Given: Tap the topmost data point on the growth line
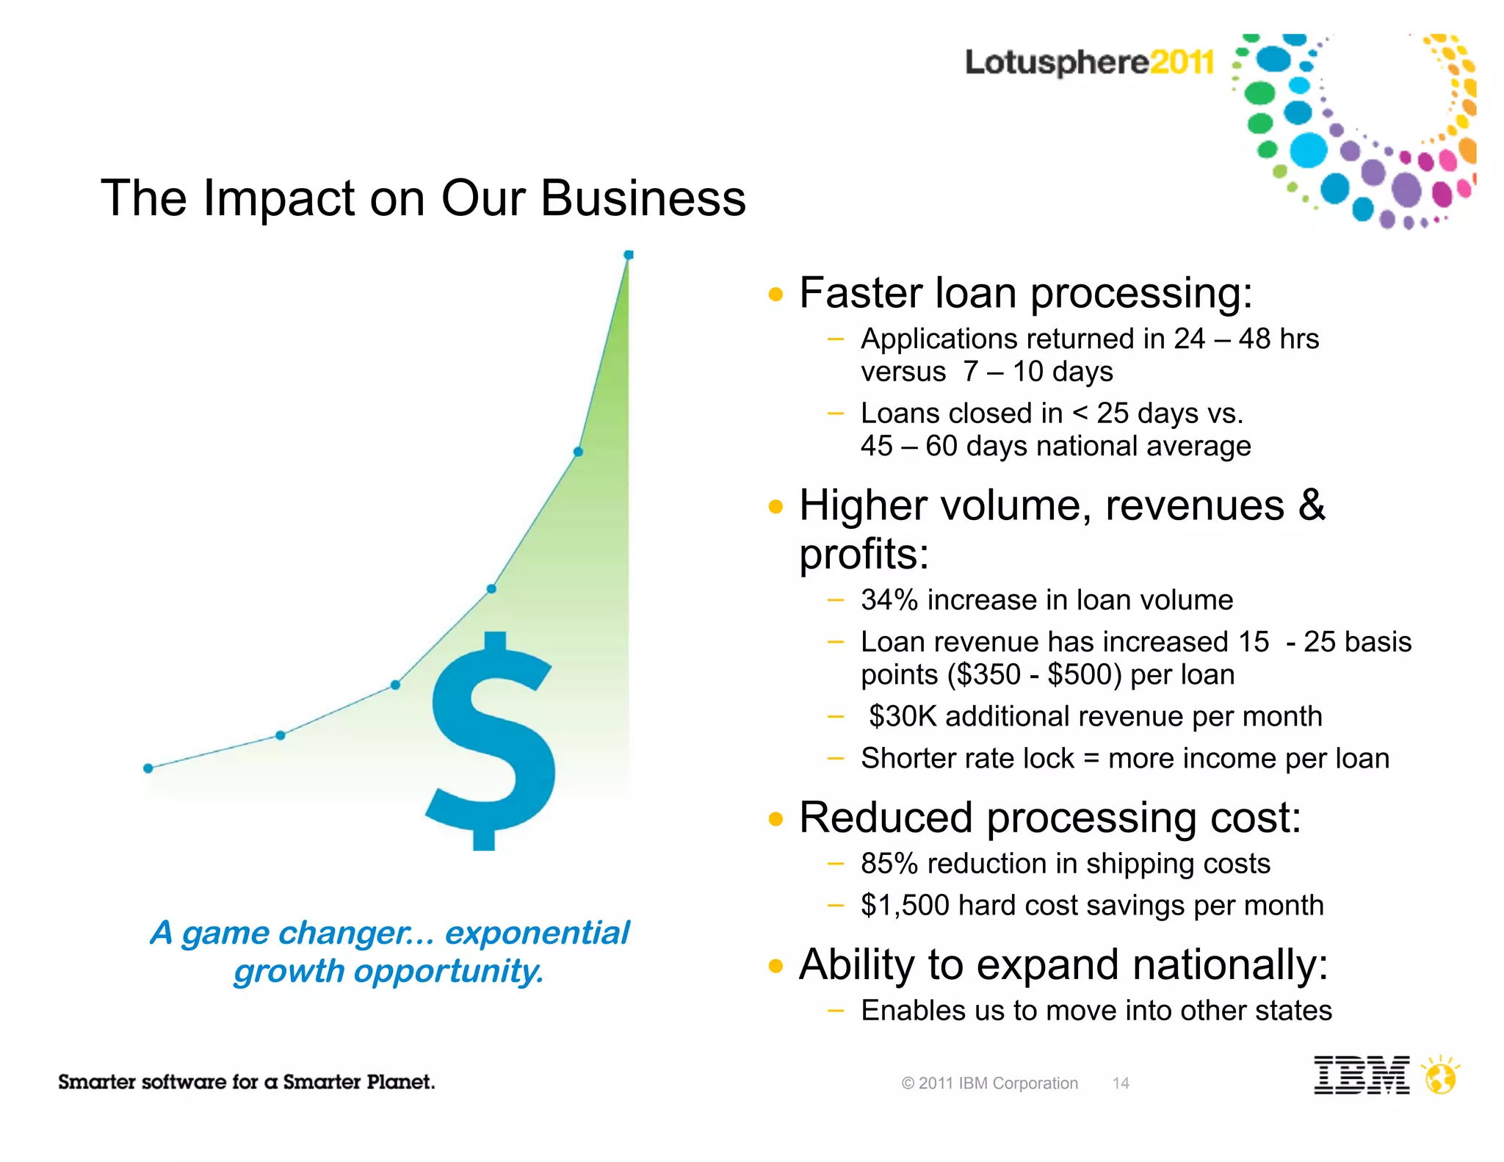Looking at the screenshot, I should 629,255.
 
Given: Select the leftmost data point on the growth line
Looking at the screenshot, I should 148,768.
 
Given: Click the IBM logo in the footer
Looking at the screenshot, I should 1361,1075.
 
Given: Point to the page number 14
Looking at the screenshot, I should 1121,1083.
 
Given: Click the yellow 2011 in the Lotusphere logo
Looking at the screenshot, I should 1182,62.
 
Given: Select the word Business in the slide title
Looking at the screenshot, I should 643,198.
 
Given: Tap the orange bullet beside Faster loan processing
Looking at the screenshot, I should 775,295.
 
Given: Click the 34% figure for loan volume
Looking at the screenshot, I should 889,600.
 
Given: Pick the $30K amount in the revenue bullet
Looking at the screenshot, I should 903,716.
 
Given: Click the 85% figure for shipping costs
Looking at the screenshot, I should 889,864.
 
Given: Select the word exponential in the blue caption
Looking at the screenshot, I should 537,933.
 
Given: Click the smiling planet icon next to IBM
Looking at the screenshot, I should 1440,1077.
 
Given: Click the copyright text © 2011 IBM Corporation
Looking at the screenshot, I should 989,1083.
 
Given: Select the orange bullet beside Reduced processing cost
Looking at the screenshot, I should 775,820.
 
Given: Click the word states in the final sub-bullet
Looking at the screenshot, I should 1293,1011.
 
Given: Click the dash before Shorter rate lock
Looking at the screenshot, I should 835,759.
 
